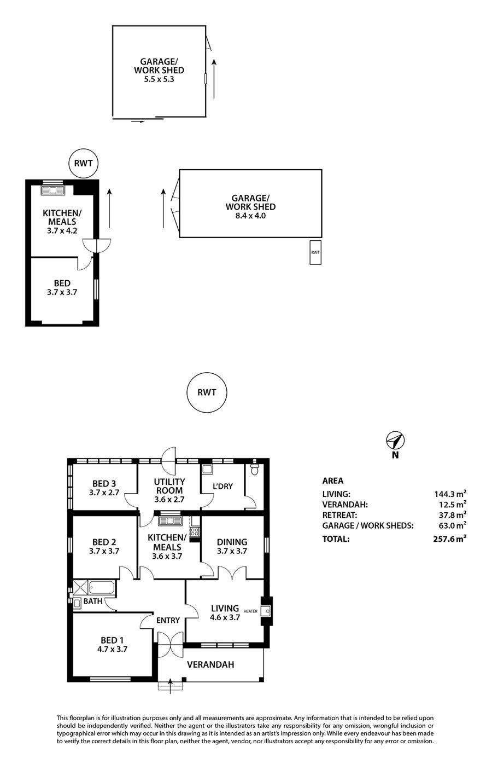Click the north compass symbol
coord(395,441)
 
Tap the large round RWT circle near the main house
coord(207,392)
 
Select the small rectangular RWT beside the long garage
coord(315,252)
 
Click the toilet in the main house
coord(254,470)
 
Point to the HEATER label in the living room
coord(250,611)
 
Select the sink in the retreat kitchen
coord(52,190)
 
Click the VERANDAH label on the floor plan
coord(210,664)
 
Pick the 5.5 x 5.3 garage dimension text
coord(159,79)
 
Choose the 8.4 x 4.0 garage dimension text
coord(251,216)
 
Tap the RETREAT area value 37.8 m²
coord(451,514)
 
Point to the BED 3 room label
coord(104,484)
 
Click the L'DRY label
coord(222,487)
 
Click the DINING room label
coord(232,542)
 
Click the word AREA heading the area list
coord(332,481)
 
